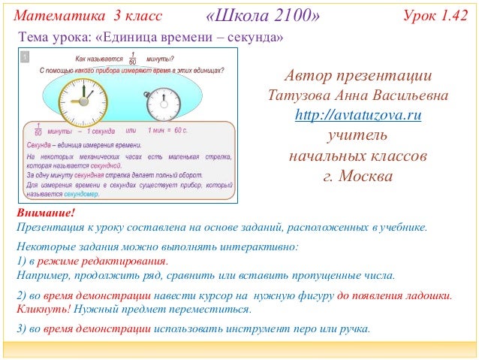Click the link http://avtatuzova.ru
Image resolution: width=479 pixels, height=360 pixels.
[x=357, y=116]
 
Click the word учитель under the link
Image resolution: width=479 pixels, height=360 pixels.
[x=357, y=137]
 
